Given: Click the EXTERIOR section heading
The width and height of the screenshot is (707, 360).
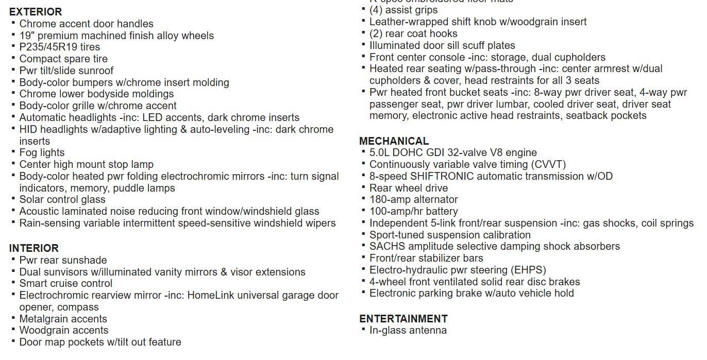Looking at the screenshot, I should (35, 12).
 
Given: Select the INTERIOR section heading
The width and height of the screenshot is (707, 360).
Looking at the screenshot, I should (33, 248).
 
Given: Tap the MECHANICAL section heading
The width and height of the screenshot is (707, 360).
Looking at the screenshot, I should (394, 141).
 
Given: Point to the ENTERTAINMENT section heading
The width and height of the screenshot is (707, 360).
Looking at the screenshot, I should (403, 319).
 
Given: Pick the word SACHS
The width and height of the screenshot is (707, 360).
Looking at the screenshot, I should (384, 246).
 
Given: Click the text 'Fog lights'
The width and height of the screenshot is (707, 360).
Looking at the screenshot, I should (42, 152).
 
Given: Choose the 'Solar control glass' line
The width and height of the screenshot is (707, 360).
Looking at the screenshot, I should (62, 199).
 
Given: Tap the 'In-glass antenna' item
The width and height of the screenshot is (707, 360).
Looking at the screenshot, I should (408, 330).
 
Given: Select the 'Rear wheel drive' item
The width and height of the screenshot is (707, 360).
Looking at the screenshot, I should (409, 188).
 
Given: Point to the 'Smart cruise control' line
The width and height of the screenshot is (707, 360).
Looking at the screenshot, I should (65, 283).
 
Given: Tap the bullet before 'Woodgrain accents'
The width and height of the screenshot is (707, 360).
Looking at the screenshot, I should (13, 330).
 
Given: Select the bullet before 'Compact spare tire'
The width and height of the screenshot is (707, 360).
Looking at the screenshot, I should (13, 58).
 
